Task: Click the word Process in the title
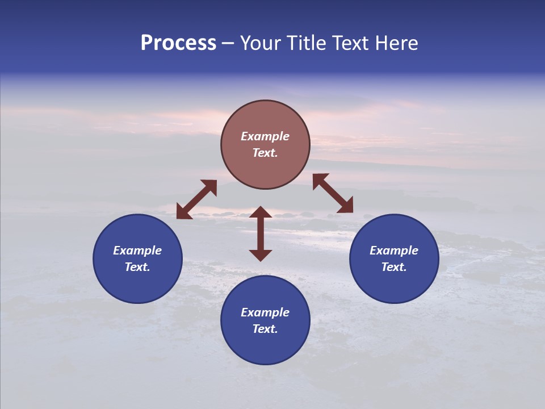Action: [178, 43]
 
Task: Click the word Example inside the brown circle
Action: [265, 136]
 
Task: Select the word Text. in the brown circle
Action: [265, 153]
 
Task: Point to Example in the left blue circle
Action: [137, 251]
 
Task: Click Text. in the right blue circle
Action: [394, 267]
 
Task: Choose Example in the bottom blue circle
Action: [265, 312]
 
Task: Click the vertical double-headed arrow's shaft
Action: [261, 233]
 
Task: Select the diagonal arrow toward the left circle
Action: [196, 199]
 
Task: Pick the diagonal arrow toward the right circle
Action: [333, 193]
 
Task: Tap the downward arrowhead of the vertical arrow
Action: [261, 254]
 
